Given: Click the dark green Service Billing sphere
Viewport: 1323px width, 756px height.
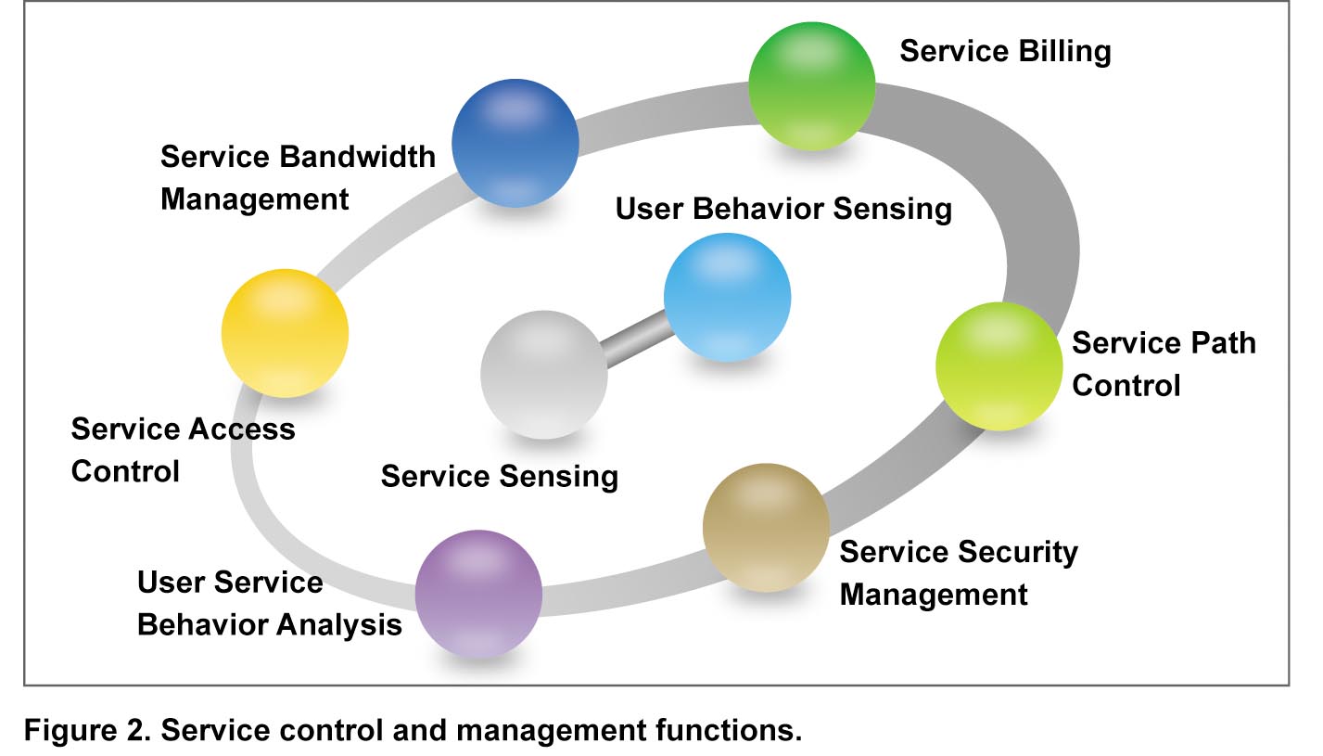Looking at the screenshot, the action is click(x=811, y=86).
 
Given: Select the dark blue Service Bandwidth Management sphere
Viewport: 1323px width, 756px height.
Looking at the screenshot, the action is click(x=515, y=143).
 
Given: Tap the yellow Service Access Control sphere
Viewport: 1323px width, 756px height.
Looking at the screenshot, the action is click(x=285, y=333).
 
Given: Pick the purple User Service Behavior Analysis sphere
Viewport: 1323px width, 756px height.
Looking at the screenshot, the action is click(x=478, y=594).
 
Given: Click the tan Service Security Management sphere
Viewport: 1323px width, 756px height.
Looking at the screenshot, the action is click(x=766, y=528).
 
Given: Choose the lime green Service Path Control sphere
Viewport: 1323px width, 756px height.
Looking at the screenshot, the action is click(x=999, y=366).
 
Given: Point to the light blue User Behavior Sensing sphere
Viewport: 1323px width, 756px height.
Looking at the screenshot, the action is click(x=727, y=298).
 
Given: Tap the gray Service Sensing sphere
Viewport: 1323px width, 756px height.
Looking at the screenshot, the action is click(x=544, y=375).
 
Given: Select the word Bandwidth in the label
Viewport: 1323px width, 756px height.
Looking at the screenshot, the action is click(x=357, y=157).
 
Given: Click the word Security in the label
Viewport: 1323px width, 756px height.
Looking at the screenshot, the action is click(x=1018, y=552).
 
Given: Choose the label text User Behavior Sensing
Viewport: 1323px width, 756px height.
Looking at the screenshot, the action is click(x=783, y=210).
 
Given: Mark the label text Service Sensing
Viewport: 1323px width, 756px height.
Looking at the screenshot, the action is click(x=500, y=477).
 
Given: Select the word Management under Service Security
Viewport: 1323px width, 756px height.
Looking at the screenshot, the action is click(x=934, y=595).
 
